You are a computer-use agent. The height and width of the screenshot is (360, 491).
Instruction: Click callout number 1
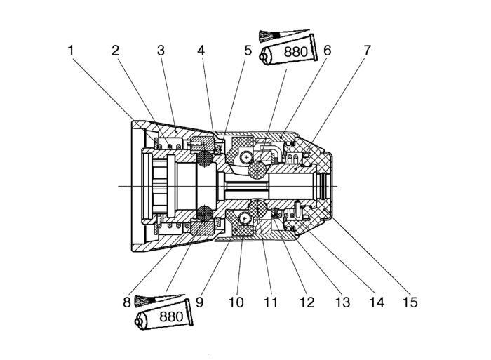(71, 50)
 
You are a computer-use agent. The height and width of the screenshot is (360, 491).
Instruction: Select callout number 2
(116, 50)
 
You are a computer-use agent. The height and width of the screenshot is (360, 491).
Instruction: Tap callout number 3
(161, 50)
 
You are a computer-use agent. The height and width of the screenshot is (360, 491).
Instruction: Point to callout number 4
(201, 50)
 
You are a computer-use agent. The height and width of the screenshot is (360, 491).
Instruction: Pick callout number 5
(248, 50)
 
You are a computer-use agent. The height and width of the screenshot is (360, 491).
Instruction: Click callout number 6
(328, 50)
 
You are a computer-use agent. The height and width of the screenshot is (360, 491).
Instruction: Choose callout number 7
(367, 50)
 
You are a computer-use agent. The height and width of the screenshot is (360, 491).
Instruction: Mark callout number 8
(127, 302)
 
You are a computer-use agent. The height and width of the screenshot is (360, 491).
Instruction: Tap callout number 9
(199, 302)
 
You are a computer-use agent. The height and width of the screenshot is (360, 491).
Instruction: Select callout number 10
(236, 302)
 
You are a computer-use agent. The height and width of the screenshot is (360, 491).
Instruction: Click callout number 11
(271, 302)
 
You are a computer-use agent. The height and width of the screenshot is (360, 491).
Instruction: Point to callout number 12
(307, 302)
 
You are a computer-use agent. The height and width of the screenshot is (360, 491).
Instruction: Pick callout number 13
(342, 302)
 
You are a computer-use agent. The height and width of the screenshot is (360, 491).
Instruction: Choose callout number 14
(377, 302)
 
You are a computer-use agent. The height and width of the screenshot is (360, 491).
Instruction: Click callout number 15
(410, 302)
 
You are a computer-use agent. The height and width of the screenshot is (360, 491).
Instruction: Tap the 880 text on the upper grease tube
(295, 52)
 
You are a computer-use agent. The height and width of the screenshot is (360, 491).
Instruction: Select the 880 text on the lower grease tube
(171, 316)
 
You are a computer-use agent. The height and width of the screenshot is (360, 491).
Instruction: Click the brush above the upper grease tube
(283, 35)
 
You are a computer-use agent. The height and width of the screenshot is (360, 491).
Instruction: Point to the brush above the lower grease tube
(159, 300)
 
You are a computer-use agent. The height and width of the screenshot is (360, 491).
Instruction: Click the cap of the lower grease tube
(138, 321)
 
